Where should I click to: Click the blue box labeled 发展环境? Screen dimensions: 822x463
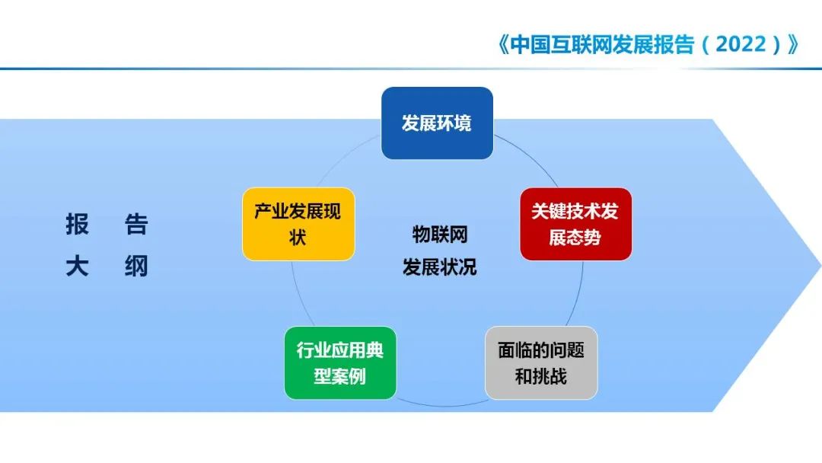point(437,123)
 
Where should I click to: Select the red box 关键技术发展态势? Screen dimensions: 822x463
point(575,224)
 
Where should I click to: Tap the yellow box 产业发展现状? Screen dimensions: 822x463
point(298,224)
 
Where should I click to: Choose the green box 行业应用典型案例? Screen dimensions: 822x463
point(340,363)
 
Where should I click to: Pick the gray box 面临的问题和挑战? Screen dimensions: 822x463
point(541,363)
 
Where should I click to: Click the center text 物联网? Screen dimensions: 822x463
point(439,235)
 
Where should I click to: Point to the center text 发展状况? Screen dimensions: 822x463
point(439,267)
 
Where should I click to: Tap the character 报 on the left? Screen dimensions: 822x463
point(77,225)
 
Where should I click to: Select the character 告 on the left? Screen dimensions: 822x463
point(136,225)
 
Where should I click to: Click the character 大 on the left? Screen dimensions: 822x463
point(77,267)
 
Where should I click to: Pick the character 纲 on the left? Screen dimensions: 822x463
point(136,267)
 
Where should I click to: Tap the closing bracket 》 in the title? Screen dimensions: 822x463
point(792,44)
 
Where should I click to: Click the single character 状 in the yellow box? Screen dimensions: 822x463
point(298,238)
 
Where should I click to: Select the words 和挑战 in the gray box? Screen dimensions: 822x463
point(541,377)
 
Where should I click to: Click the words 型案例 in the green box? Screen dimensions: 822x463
point(340,377)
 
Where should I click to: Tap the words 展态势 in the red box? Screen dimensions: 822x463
point(575,238)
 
